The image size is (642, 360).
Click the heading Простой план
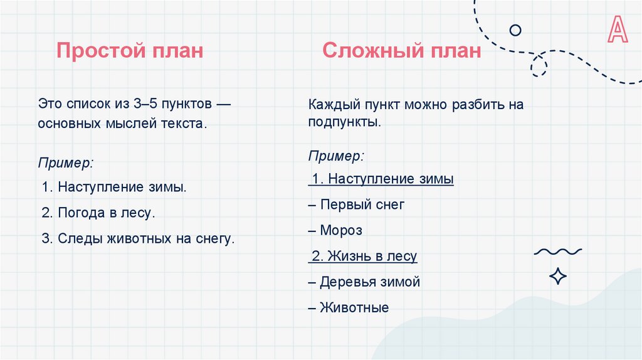pos(130,50)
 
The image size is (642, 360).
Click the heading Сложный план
pos(402,50)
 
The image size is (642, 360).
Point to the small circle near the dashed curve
pos(515,29)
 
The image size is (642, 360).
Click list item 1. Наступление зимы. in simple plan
pos(114,187)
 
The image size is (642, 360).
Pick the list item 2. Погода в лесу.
pos(98,213)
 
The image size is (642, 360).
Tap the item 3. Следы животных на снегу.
pos(138,238)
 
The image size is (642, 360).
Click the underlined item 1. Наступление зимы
pos(381,179)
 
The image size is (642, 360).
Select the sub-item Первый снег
pos(357,204)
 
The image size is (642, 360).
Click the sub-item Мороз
pos(335,230)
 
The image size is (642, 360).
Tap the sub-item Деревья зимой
pos(364,282)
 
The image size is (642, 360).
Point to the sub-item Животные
pos(349,307)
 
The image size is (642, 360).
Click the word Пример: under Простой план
pos(65,162)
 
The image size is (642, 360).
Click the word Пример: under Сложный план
pos(335,154)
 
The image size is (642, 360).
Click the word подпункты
pos(344,122)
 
